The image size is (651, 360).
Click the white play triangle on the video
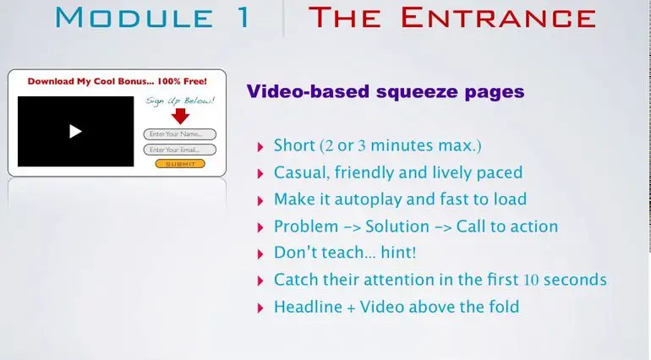click(x=75, y=132)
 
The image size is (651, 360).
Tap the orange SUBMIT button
click(x=180, y=164)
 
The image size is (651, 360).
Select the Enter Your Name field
click(x=180, y=134)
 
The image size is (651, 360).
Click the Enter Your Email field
click(x=180, y=150)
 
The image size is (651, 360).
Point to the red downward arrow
click(x=180, y=117)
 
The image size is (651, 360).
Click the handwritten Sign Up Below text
click(x=180, y=101)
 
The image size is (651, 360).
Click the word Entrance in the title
click(x=498, y=18)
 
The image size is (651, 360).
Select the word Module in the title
click(x=134, y=18)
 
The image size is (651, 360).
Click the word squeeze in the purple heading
click(x=418, y=92)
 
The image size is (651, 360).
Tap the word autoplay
click(x=369, y=199)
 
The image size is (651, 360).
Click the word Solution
click(x=397, y=226)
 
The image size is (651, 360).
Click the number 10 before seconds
click(x=531, y=280)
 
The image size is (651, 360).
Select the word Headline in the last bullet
click(x=308, y=307)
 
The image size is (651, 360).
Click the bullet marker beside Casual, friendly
click(x=260, y=173)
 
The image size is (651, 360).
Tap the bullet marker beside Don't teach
click(x=260, y=254)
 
